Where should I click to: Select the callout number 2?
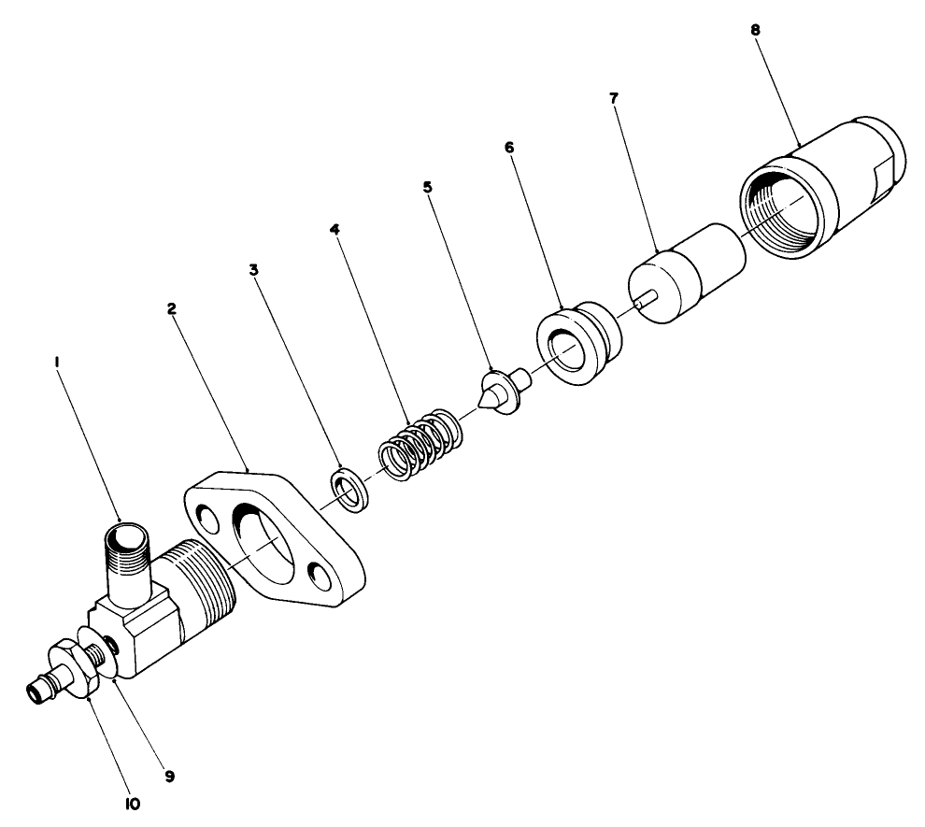click(x=173, y=309)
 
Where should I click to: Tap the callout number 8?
click(x=755, y=29)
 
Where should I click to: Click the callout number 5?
click(x=428, y=187)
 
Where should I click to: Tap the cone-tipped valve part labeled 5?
click(x=501, y=391)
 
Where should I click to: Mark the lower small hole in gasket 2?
click(x=322, y=578)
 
